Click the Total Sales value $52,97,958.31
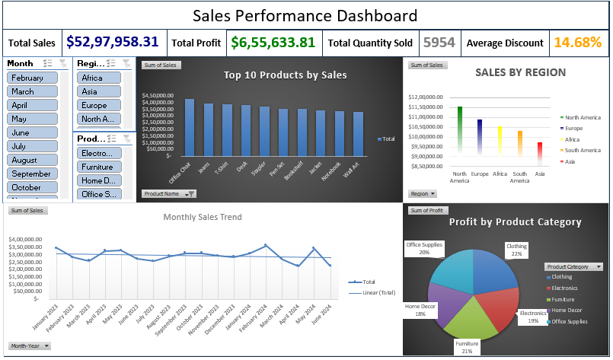(x=112, y=43)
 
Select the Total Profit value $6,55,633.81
(x=272, y=43)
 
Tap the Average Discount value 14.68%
(x=578, y=43)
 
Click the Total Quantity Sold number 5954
(x=439, y=43)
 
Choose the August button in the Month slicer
(x=32, y=160)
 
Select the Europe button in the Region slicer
(x=98, y=105)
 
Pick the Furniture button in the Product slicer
(x=98, y=167)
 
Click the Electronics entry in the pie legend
(x=566, y=288)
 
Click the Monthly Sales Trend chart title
(x=202, y=217)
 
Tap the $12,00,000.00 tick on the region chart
(x=427, y=97)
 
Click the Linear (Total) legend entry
(x=375, y=292)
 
